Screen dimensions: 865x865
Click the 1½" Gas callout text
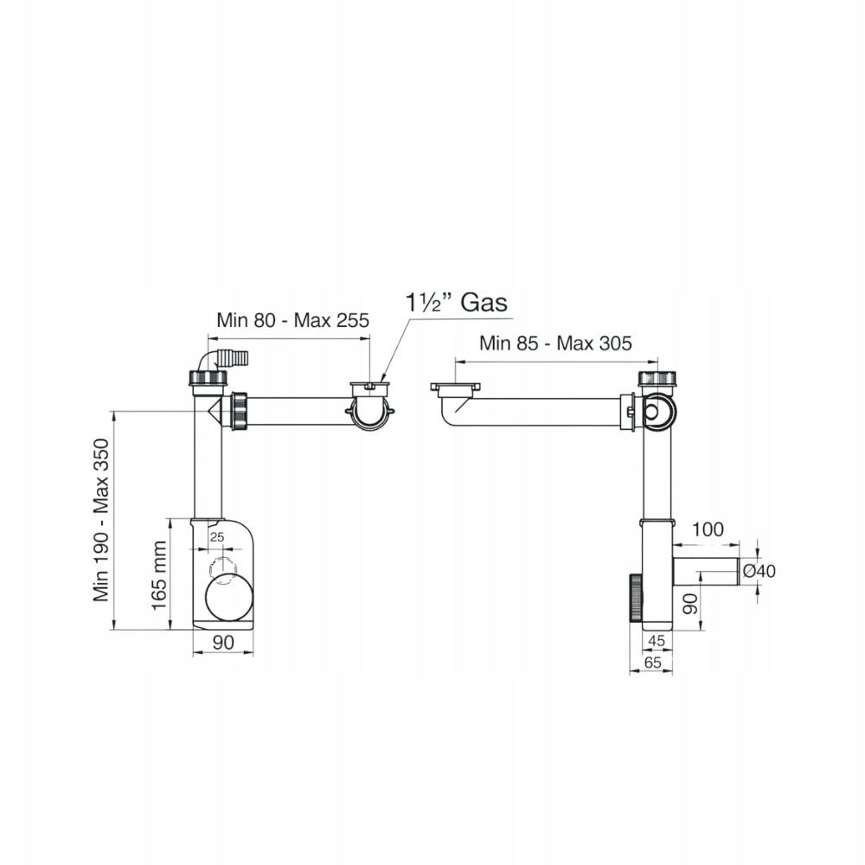pos(456,302)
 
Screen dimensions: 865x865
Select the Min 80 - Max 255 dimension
pos(292,320)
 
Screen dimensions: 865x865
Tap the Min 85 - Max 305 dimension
pos(555,343)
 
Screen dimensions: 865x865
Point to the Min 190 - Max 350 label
pos(101,520)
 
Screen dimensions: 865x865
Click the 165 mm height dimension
pos(159,575)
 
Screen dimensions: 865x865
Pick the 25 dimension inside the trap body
pos(217,537)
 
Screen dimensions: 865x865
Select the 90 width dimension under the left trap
pos(223,642)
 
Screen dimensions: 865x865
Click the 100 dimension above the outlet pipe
pos(708,529)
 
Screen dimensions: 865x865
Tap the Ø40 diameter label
pos(759,571)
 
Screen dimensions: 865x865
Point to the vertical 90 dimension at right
pos(690,604)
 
